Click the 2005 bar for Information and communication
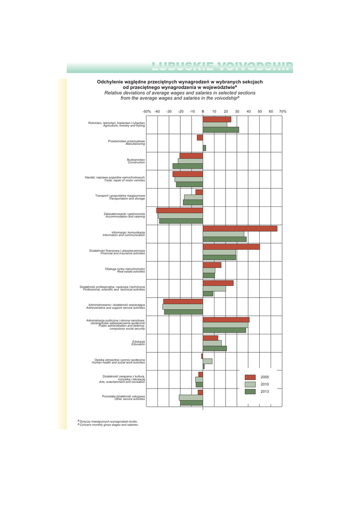240,229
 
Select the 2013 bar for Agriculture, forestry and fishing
220,130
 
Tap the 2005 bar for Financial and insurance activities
231,247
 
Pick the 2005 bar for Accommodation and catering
180,210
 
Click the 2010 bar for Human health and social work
208,361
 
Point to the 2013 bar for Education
215,348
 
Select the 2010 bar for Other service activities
191,397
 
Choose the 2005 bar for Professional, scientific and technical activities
218,283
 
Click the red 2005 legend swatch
251,377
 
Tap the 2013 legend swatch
251,391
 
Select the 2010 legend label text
265,384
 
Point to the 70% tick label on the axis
283,112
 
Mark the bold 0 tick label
203,112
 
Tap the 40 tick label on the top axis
248,112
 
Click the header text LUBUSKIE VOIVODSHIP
222,67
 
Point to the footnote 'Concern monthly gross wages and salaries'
109,425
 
